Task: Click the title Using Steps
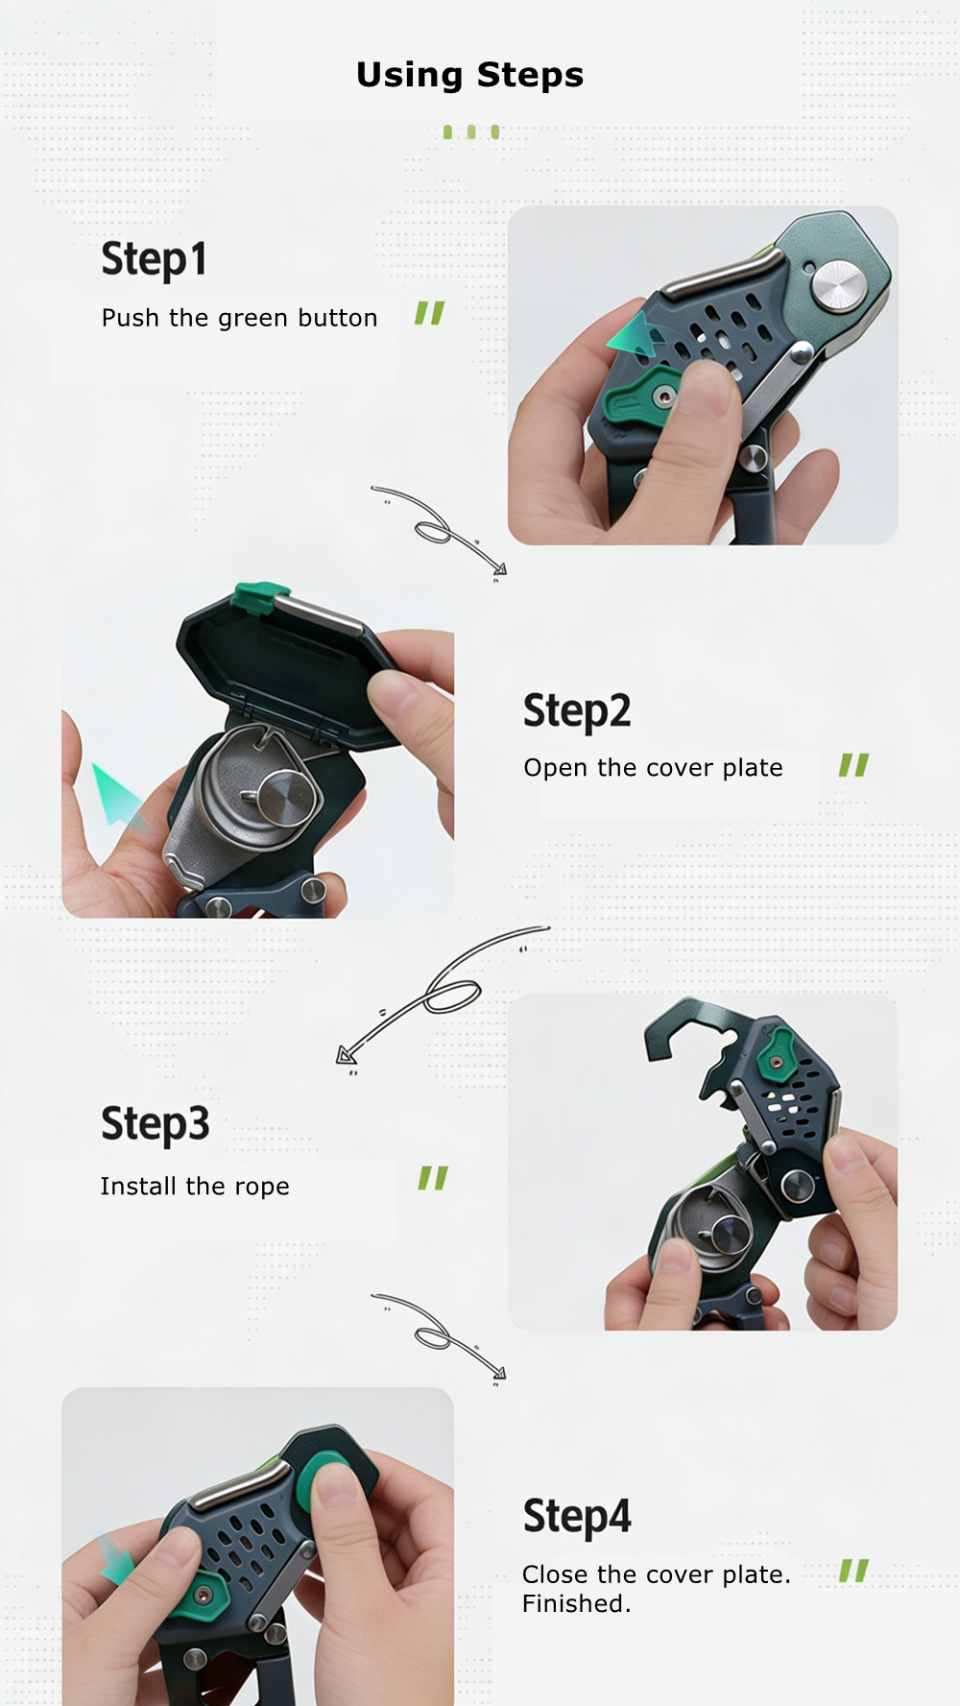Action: click(x=469, y=75)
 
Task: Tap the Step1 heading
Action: click(x=154, y=259)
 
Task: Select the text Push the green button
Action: click(x=239, y=318)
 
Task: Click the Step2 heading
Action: click(x=577, y=711)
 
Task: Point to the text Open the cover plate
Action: click(x=653, y=768)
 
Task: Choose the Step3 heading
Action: click(x=155, y=1124)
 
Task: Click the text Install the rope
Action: click(x=195, y=1187)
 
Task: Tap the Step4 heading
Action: click(x=577, y=1517)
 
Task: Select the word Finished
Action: click(x=576, y=1603)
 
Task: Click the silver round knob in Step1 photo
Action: click(x=838, y=285)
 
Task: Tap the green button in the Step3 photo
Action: click(x=776, y=1056)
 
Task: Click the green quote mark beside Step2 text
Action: click(x=853, y=765)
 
